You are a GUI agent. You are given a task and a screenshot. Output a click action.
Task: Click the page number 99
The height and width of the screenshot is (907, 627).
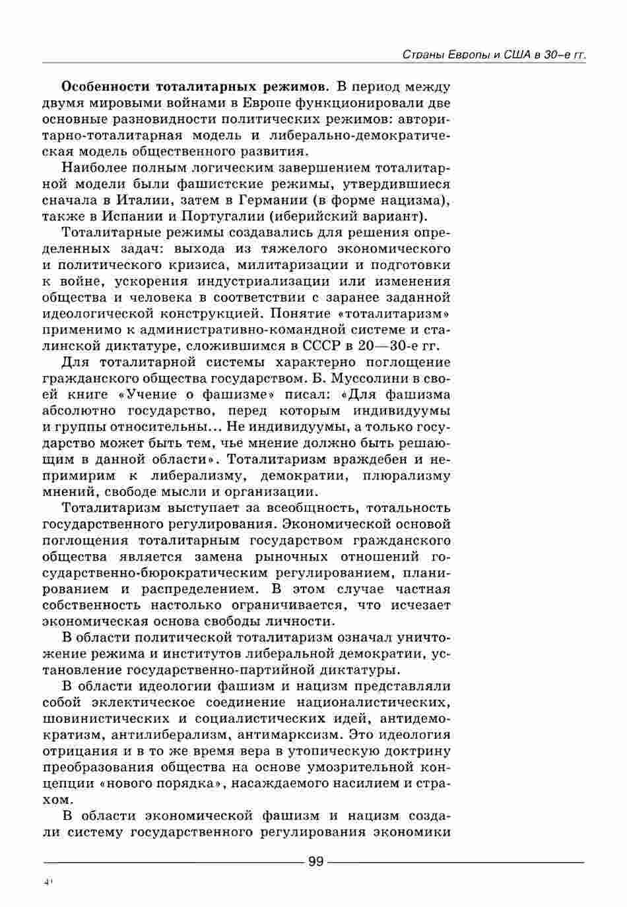(x=315, y=861)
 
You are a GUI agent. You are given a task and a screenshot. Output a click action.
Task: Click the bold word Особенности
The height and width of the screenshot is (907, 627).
(x=104, y=87)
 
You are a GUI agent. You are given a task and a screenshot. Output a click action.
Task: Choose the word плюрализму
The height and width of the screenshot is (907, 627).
(x=407, y=476)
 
